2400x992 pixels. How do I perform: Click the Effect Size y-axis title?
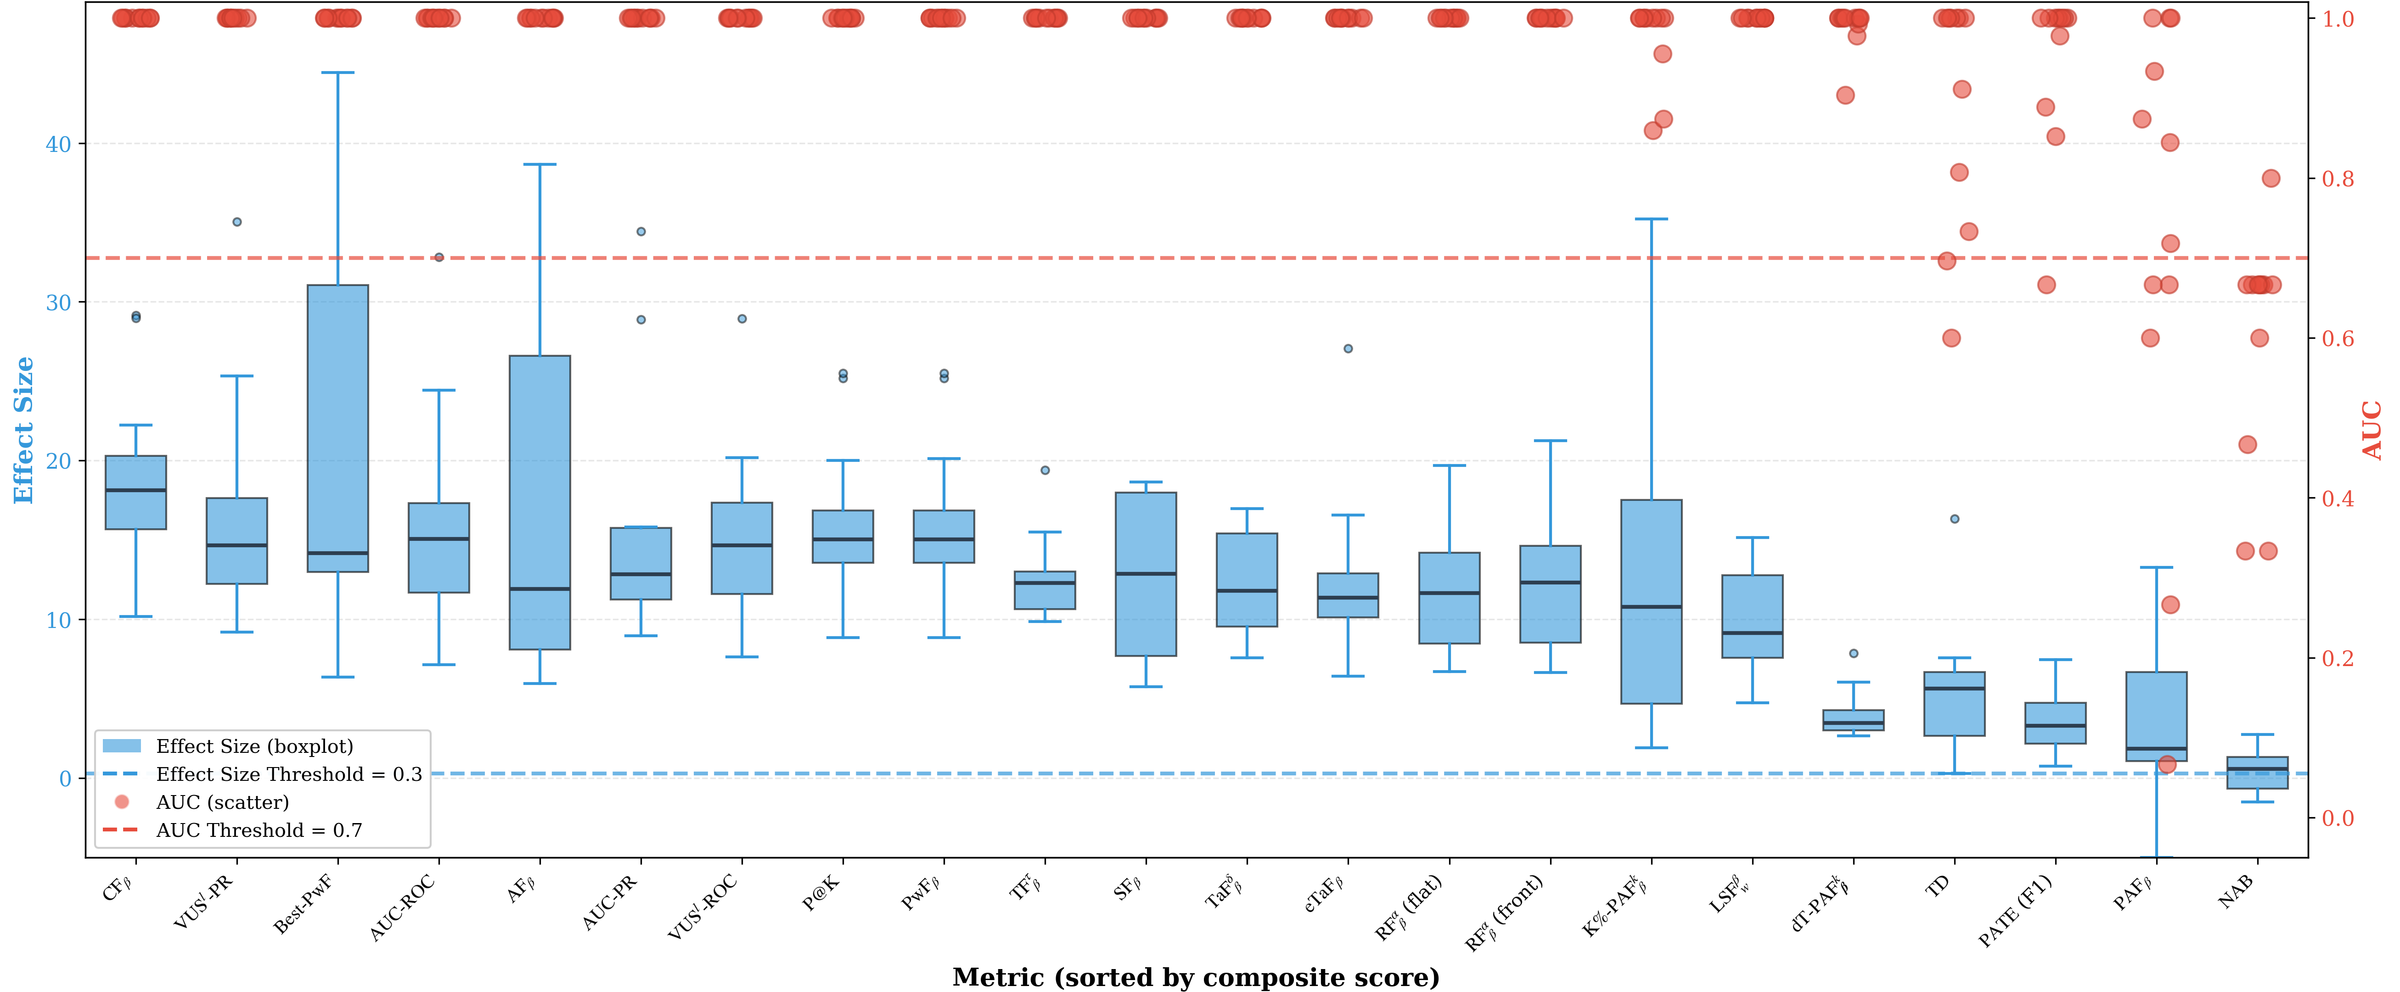[23, 430]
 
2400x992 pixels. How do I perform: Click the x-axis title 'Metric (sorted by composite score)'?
[1195, 977]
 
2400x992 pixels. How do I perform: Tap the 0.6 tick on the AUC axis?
[2337, 338]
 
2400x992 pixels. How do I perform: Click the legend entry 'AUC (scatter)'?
[222, 802]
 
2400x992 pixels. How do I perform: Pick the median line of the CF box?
[136, 490]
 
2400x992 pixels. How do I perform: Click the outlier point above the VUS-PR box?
[236, 222]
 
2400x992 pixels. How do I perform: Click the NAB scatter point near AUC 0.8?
[2271, 178]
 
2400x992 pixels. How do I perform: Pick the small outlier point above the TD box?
[1955, 519]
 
